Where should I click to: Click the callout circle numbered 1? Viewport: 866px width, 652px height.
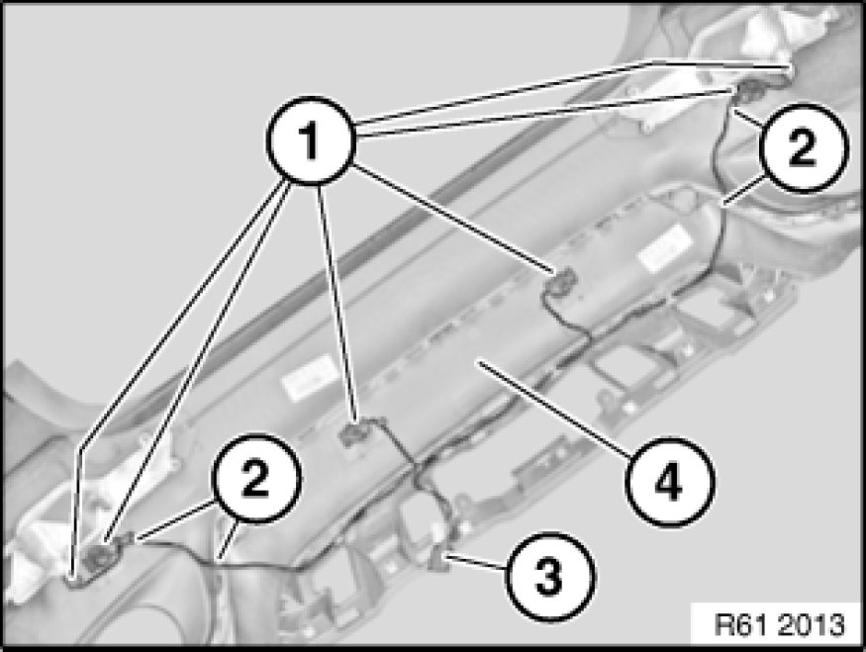point(310,140)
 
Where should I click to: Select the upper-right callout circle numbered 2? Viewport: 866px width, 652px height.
point(802,147)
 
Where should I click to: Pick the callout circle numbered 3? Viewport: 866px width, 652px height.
point(550,576)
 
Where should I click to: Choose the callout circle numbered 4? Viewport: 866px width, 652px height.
point(669,482)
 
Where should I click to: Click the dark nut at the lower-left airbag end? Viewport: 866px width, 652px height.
point(99,559)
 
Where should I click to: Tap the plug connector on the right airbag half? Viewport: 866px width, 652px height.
point(560,282)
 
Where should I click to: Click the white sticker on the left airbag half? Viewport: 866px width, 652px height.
point(309,377)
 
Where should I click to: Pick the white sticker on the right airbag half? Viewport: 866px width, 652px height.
point(665,248)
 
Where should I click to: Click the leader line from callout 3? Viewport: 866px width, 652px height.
point(476,563)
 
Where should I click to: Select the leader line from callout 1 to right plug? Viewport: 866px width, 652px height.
point(452,217)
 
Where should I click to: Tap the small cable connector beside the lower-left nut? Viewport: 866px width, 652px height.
point(130,537)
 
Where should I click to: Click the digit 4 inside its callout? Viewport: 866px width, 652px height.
point(669,482)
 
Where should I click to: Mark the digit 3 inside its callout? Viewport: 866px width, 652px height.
point(550,577)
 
